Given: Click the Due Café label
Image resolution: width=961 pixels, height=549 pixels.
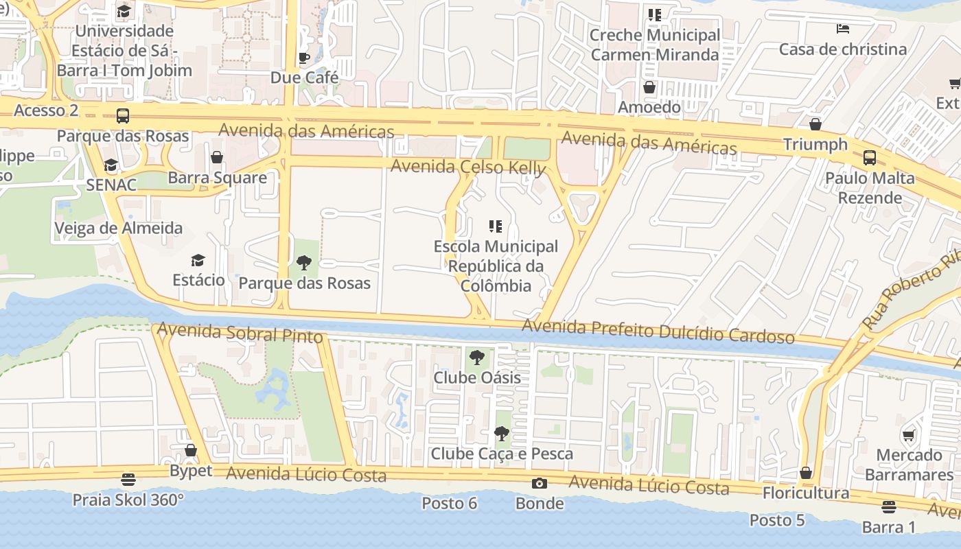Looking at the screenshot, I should point(304,78).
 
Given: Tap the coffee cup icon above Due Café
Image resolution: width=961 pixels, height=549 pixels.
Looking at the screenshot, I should point(304,58).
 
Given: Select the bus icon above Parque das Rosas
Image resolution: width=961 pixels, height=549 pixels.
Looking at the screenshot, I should point(123,116).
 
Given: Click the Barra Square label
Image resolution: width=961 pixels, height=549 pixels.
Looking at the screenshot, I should point(217,178).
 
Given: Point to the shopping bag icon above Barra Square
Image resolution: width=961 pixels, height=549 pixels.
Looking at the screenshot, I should point(217,158).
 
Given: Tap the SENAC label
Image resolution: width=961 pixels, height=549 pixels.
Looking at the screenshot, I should point(111,185).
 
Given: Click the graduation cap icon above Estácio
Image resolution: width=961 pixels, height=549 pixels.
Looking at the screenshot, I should point(198,260).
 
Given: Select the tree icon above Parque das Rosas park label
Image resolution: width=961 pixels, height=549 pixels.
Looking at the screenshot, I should point(303,262).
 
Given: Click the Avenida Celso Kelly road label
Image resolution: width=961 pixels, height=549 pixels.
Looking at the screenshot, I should point(468,167).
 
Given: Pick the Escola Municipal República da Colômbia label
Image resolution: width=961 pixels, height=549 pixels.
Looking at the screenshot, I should point(496,266).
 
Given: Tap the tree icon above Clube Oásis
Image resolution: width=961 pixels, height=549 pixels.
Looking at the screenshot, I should point(477,358).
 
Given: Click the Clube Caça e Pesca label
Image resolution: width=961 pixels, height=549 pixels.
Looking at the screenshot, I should point(501,454).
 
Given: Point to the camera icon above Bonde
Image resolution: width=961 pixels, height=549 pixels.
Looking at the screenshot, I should point(540,484).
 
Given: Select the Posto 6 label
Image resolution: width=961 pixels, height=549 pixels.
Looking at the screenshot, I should point(449,503).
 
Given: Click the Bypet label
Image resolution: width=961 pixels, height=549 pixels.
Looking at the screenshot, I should point(191,471).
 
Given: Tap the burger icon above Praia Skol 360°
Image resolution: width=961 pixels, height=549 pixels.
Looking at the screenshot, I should point(128,479).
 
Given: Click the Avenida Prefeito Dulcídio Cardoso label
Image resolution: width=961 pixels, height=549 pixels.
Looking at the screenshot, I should point(658,332).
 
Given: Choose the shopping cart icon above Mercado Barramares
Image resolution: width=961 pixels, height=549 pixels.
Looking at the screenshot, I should point(909,435).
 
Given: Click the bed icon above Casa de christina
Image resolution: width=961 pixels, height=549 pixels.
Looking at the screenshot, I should point(843,29).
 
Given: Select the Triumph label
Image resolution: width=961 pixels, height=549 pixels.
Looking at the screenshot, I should point(815,144).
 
